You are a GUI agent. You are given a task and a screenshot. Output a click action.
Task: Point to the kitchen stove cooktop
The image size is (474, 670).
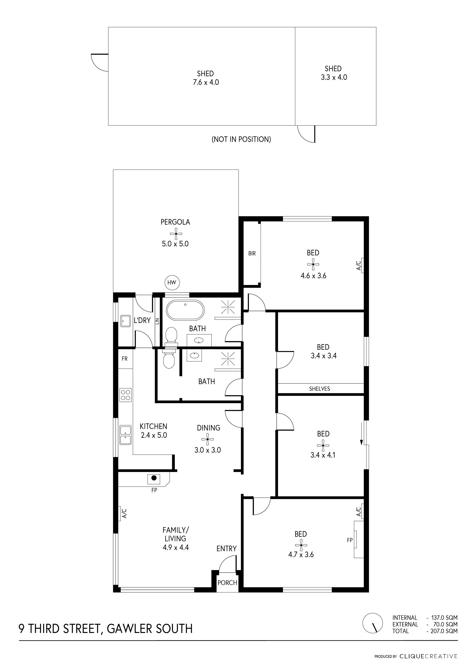pos(126,395)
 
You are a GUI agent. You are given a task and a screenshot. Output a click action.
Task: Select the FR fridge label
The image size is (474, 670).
pos(125,359)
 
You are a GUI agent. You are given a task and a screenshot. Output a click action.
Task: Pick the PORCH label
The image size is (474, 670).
pos(227,583)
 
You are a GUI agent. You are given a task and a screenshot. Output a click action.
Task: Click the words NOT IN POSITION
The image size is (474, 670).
pos(241,139)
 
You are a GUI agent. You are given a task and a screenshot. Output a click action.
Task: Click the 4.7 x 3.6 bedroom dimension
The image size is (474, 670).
pos(301,554)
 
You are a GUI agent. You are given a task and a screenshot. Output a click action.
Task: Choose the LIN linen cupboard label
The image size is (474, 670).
pos(157,321)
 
